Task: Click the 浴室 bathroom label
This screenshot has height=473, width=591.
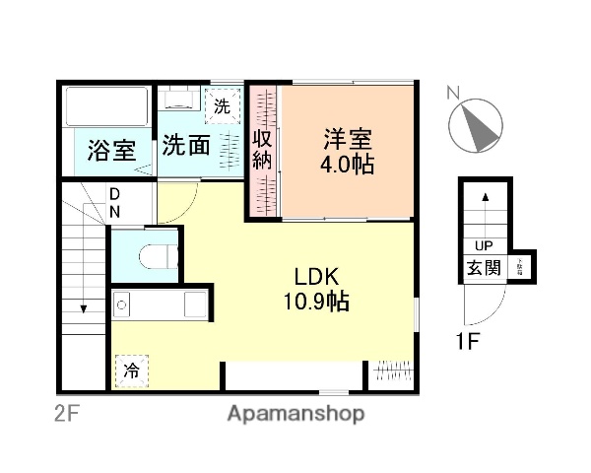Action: (x=109, y=151)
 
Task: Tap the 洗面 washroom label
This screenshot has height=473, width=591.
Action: (x=186, y=146)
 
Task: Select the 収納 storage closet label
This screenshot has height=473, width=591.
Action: (x=262, y=150)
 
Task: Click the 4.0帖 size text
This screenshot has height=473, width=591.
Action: (x=346, y=165)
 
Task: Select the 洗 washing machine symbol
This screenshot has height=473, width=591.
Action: (x=222, y=105)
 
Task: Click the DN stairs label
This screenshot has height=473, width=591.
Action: (x=115, y=202)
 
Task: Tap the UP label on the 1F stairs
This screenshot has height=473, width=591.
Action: (x=484, y=246)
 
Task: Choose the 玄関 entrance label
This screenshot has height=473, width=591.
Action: (x=484, y=267)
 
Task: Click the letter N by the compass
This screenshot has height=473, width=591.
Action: (x=451, y=94)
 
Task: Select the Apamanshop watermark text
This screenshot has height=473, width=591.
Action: (x=297, y=413)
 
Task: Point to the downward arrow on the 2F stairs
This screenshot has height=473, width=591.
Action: (x=84, y=306)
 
